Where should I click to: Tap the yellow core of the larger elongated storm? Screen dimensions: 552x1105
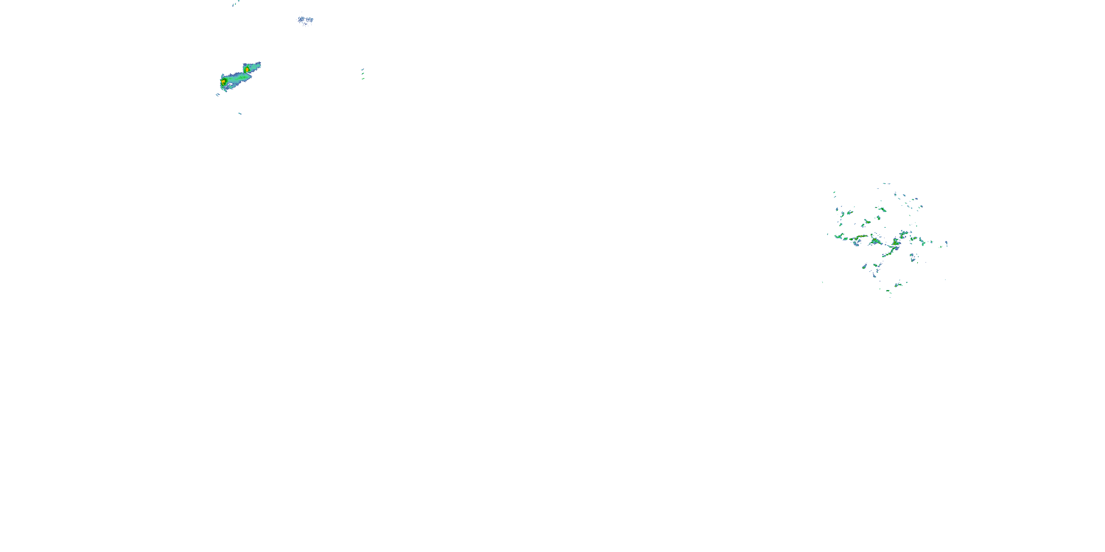coord(224,81)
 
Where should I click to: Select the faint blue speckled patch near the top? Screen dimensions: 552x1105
coord(305,20)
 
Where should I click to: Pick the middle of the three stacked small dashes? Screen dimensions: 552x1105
coord(362,74)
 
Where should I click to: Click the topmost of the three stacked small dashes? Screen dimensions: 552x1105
coord(362,69)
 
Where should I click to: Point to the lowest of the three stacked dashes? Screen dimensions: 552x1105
coord(363,79)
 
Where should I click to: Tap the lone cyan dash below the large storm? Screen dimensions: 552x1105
coord(240,114)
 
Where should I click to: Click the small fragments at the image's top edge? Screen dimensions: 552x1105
coord(235,3)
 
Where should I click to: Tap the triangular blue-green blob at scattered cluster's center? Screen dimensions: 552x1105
coord(875,242)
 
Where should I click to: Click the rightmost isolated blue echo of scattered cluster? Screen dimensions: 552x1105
coord(946,243)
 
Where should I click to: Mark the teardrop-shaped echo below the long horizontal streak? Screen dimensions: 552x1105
coord(857,243)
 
